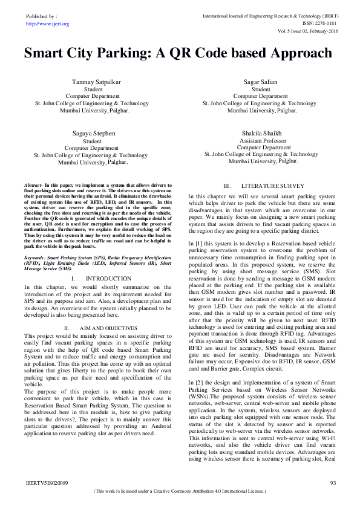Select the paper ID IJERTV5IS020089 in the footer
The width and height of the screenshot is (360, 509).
pyautogui.click(x=47, y=482)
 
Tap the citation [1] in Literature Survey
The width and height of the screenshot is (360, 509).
pyautogui.click(x=200, y=242)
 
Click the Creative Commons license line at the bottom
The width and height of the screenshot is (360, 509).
pyautogui.click(x=180, y=491)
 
